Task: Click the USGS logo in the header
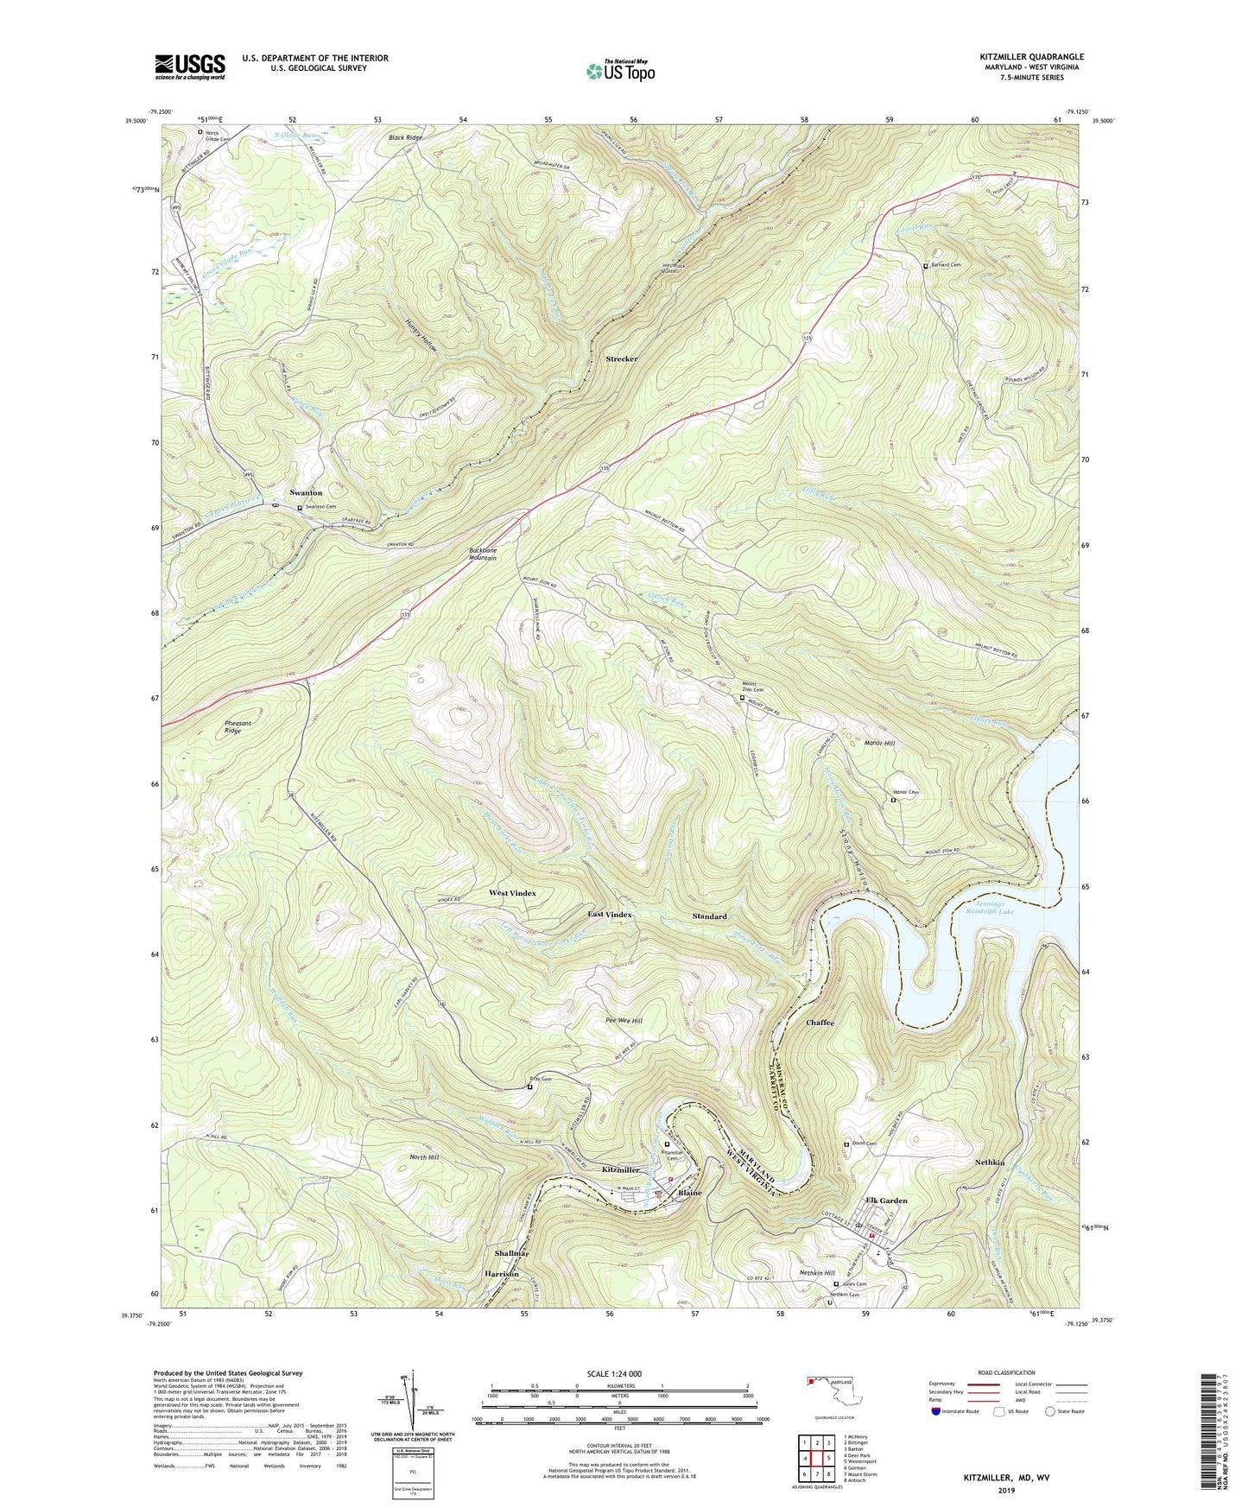[190, 67]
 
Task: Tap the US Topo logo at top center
[619, 71]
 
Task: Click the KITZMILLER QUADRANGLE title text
[1024, 57]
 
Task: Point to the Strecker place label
[621, 358]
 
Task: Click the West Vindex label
[512, 893]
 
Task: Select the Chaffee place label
[820, 1023]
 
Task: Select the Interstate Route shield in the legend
[936, 1411]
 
